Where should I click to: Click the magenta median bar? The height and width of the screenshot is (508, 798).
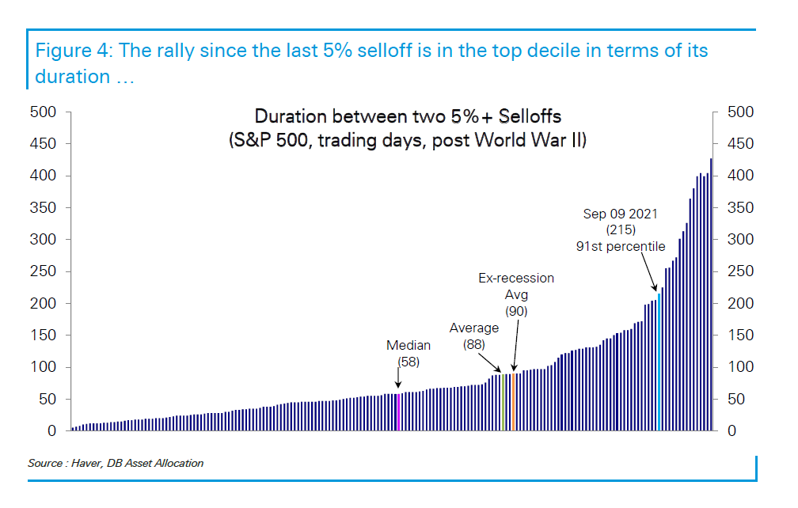(398, 412)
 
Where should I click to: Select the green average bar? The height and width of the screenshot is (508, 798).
(503, 402)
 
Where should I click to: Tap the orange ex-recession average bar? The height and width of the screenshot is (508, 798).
(514, 402)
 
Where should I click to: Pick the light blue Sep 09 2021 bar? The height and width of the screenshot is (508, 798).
(659, 362)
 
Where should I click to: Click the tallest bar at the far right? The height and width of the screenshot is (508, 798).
(711, 294)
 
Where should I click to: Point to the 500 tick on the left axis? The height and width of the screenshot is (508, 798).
(44, 112)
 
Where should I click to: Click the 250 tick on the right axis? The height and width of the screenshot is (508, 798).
(740, 271)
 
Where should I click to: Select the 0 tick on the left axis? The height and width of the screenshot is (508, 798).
(51, 431)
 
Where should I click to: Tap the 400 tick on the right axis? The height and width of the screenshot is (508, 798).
(740, 176)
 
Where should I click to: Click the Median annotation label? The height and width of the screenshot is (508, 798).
(408, 345)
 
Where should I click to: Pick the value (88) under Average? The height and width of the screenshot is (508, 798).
(473, 345)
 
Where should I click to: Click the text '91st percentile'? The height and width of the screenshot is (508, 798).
(621, 247)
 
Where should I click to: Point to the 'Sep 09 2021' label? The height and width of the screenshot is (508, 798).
(621, 214)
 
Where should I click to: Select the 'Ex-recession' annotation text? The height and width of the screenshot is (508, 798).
(516, 279)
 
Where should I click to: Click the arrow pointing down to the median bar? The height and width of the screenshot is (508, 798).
(398, 377)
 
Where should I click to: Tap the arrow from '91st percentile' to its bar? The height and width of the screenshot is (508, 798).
(648, 272)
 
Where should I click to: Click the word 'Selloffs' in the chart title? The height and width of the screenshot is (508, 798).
(530, 116)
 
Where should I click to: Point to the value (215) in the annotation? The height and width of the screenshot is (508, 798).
(621, 229)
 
